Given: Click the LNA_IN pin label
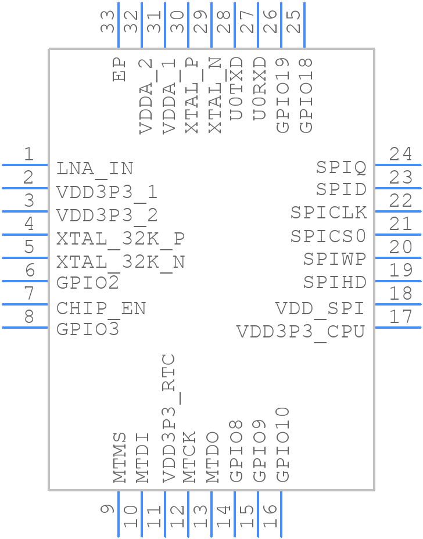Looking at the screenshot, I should [95, 168].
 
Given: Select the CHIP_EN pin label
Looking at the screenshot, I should [101, 308].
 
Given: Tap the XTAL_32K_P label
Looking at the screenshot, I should [120, 239].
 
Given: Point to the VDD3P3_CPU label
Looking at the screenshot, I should [300, 332].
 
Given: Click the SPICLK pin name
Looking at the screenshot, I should [329, 213].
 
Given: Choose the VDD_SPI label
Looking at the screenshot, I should [320, 308].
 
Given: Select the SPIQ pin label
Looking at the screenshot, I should [341, 168].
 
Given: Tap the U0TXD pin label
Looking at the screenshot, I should [236, 88].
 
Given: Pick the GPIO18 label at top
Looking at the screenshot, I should [306, 95].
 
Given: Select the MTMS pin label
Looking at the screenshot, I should [120, 458].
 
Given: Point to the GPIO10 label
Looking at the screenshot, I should [282, 444].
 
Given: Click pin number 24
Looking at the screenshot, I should [401, 154].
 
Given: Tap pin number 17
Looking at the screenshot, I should [401, 317].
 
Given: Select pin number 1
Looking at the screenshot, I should [28, 154].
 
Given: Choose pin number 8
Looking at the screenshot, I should [28, 317].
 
